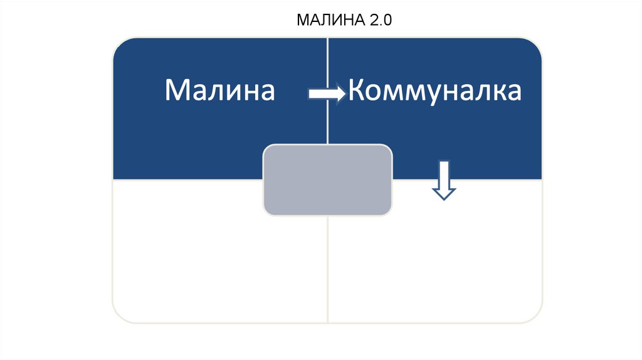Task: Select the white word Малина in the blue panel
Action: pos(219,91)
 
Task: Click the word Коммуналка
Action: pos(435,91)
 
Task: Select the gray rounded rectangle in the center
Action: pos(328,180)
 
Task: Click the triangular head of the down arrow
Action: pos(444,193)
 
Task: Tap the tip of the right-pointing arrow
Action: pos(344,94)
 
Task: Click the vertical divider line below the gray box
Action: pos(328,270)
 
